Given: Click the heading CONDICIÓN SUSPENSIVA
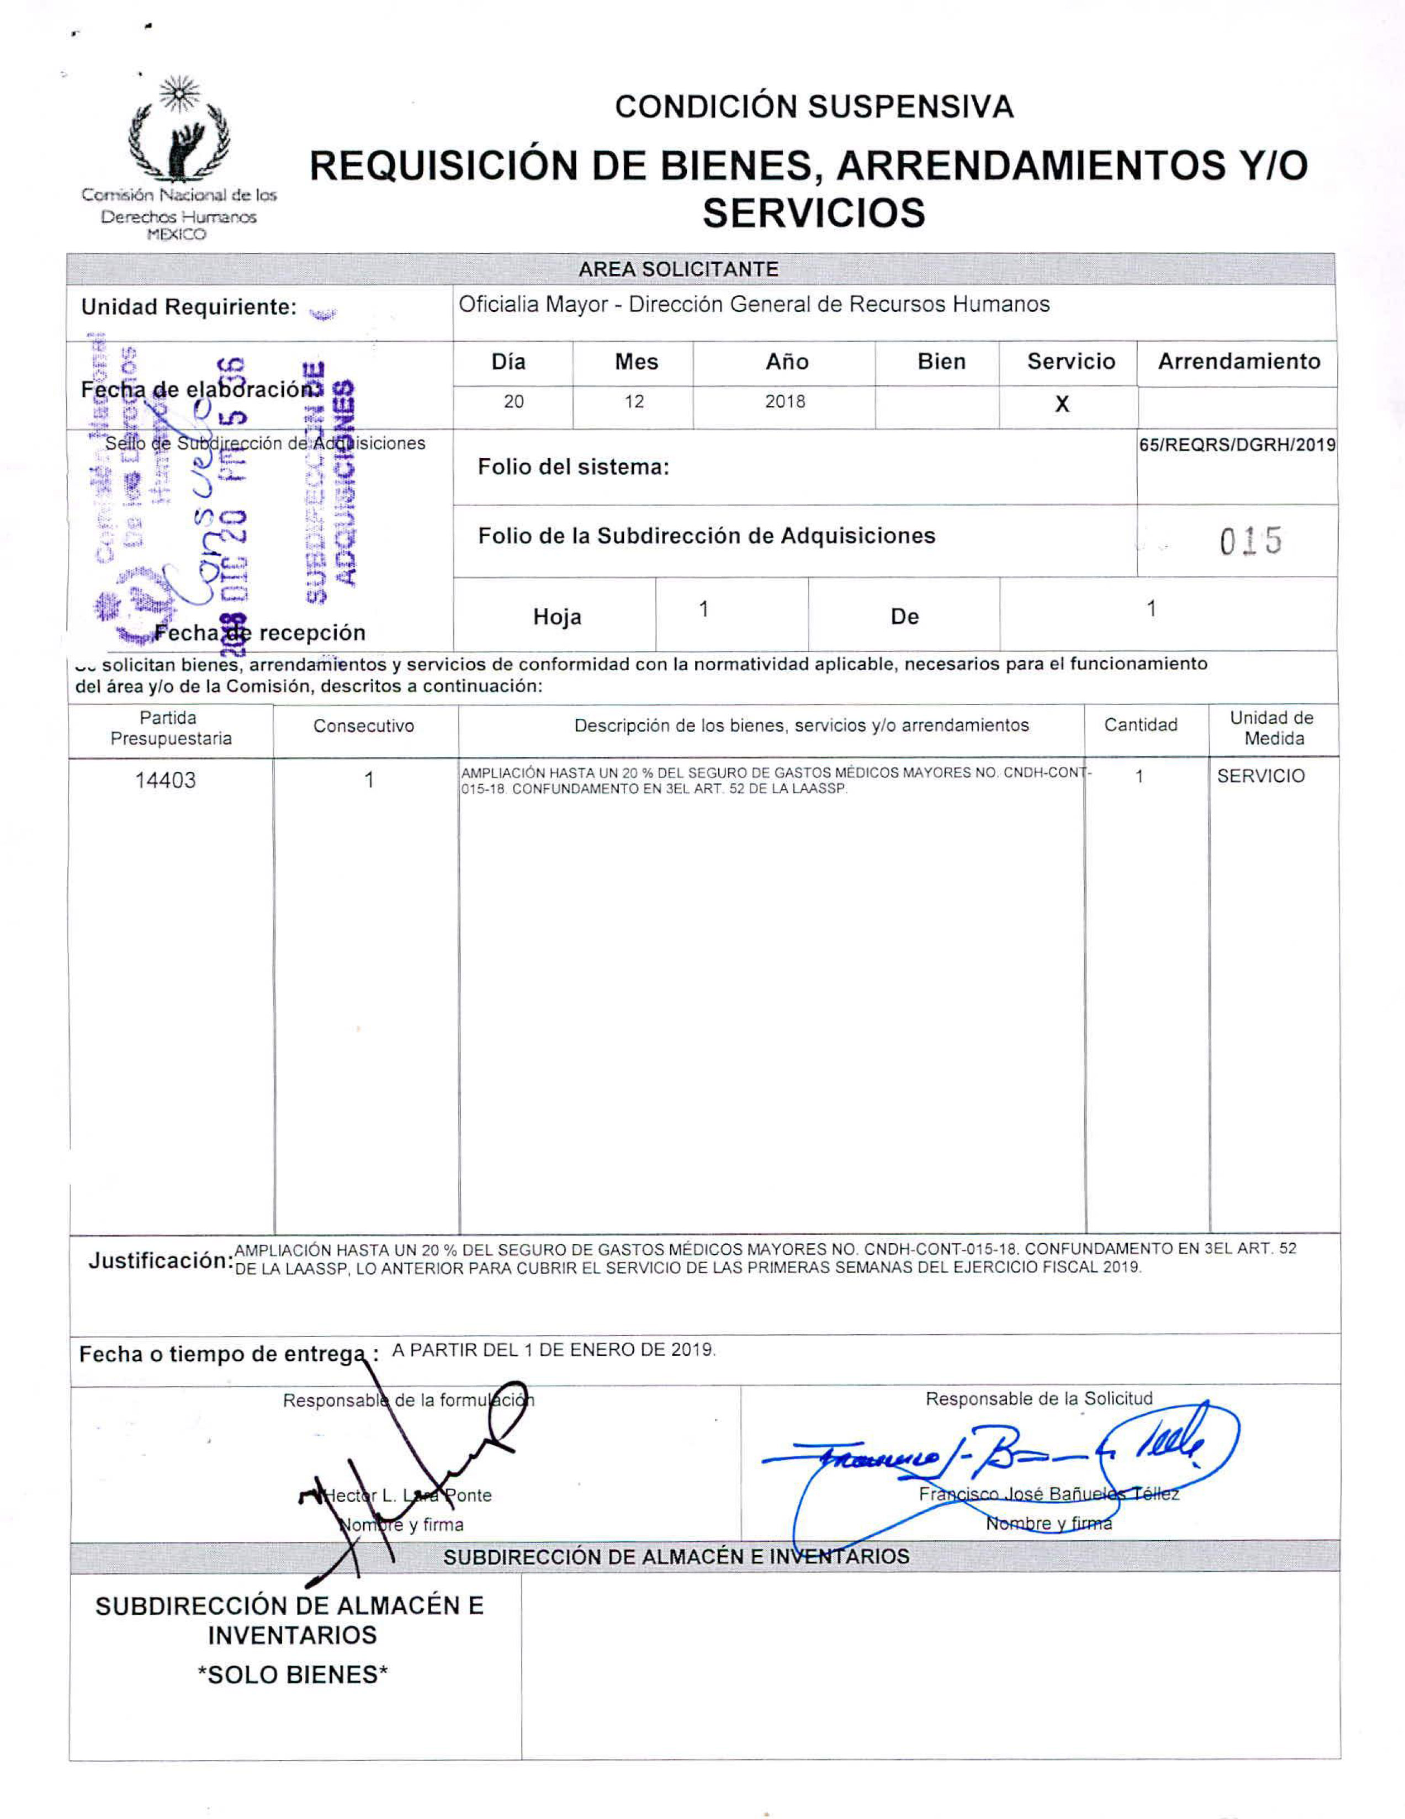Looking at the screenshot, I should point(814,107).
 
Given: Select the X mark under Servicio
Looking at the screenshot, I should point(1062,405).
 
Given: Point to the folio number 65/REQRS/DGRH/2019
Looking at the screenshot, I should point(1237,445).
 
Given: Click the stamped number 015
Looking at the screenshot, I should point(1250,542).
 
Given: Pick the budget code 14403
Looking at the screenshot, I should point(166,781).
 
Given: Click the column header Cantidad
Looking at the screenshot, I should point(1140,725).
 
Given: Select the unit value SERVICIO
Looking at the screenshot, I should point(1260,776).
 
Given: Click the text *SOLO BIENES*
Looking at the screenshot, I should point(293,1675).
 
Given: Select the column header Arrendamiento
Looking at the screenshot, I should point(1238,362).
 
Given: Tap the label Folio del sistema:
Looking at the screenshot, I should point(573,467).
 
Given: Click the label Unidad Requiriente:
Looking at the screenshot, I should point(188,307).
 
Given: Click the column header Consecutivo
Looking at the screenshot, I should point(363,725).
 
